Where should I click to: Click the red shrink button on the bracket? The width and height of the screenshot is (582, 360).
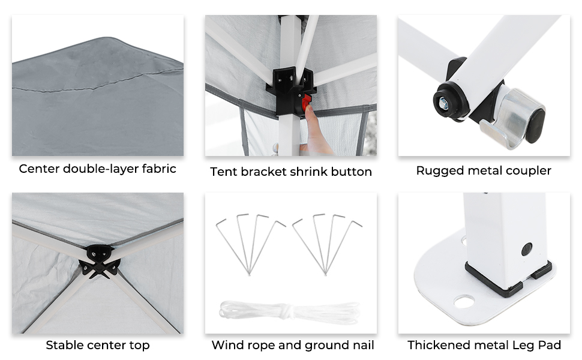coord(306,103)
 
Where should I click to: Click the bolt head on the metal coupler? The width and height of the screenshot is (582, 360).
coord(443,103)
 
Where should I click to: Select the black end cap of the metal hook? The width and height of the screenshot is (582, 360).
coord(535,126)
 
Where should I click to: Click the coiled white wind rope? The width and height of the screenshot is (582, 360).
coord(290,311)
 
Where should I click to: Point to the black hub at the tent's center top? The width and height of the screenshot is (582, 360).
coord(100,261)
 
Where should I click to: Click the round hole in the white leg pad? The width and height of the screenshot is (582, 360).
coord(464,301)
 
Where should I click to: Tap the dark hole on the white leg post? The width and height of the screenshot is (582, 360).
coord(527,249)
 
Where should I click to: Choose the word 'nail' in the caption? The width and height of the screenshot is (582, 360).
coord(362,345)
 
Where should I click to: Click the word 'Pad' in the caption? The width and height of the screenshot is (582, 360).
coord(550,345)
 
